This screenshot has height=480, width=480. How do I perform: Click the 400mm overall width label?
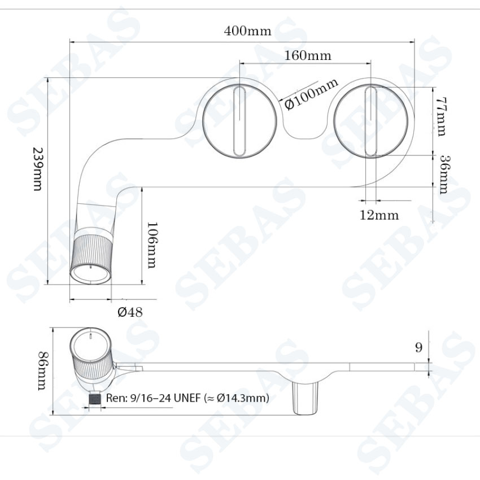click(247, 31)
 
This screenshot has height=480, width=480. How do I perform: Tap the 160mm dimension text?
click(308, 55)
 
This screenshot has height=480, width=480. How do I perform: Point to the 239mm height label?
click(38, 169)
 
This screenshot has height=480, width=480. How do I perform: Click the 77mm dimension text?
click(440, 116)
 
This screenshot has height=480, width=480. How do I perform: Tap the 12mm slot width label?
click(379, 215)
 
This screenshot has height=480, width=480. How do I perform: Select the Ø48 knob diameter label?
click(130, 312)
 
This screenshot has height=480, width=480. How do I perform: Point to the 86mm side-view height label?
click(42, 370)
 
